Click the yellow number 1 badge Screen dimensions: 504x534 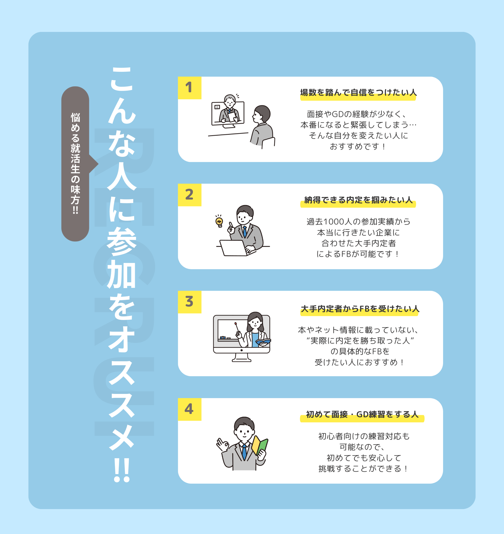coord(189,88)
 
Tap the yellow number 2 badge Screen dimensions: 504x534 coord(189,195)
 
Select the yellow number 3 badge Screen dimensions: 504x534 coord(189,302)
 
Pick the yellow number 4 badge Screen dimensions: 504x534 coord(189,409)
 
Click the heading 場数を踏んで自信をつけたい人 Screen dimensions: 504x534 coord(358,93)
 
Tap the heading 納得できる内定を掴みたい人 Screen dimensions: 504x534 coord(358,200)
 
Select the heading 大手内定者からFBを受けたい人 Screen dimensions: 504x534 coord(360,309)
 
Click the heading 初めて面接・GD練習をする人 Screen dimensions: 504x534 coord(362,414)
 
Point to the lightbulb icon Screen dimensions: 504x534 coord(219,221)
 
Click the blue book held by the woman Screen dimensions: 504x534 coord(263,342)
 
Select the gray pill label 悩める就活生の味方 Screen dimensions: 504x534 coord(75,164)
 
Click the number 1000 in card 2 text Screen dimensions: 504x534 coord(334,222)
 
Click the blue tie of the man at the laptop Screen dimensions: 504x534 coord(245,231)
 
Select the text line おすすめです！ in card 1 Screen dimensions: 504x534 coord(358,146)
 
